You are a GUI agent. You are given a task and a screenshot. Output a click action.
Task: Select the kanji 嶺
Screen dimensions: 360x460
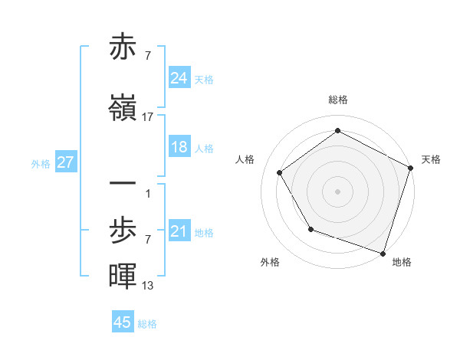pyautogui.click(x=123, y=109)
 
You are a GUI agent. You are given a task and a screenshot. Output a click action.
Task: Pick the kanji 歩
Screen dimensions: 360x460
pyautogui.click(x=123, y=231)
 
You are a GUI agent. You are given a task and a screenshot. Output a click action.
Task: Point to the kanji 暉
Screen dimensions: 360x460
pyautogui.click(x=123, y=277)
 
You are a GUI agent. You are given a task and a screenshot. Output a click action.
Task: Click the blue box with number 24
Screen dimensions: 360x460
pyautogui.click(x=179, y=78)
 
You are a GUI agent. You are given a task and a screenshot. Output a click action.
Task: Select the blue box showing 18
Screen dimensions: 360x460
pyautogui.click(x=179, y=148)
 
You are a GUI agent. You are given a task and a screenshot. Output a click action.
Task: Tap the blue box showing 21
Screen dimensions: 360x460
pyautogui.click(x=179, y=231)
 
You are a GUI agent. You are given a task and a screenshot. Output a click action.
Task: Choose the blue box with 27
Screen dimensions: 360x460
pyautogui.click(x=65, y=162)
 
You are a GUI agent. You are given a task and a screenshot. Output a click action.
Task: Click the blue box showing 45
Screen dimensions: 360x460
pyautogui.click(x=123, y=322)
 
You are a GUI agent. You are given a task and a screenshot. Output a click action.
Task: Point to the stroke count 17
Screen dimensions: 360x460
pyautogui.click(x=148, y=117)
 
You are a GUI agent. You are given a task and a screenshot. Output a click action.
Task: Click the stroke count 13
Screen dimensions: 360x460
pyautogui.click(x=148, y=286)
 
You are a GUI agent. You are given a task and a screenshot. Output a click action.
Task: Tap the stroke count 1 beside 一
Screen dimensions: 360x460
pyautogui.click(x=147, y=193)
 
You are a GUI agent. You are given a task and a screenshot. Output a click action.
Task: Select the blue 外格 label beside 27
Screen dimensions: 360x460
pyautogui.click(x=41, y=163)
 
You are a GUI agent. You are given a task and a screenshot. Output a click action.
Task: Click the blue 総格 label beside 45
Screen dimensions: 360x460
pyautogui.click(x=147, y=323)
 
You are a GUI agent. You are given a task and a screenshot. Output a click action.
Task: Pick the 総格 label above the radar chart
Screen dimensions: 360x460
pyautogui.click(x=338, y=100)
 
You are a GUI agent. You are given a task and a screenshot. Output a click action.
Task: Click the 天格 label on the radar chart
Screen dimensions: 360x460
pyautogui.click(x=431, y=159)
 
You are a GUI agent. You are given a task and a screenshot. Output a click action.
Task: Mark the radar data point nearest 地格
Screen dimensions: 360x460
pyautogui.click(x=382, y=252)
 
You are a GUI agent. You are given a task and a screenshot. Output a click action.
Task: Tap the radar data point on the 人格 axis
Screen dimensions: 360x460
pyautogui.click(x=280, y=173)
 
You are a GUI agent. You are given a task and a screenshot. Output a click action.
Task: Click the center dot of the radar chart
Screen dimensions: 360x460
pyautogui.click(x=338, y=190)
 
